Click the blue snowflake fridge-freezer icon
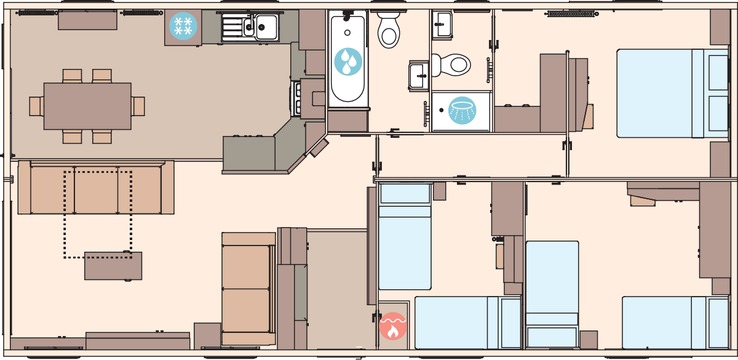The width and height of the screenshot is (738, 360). [x=183, y=26]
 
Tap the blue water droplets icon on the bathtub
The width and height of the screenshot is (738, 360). [x=348, y=61]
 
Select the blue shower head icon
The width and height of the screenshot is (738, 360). [x=462, y=111]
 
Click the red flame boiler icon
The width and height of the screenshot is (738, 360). [x=393, y=326]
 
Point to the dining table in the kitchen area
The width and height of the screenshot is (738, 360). [x=87, y=106]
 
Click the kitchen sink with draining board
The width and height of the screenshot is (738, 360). [x=250, y=27]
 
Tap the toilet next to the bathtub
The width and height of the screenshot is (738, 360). [x=389, y=30]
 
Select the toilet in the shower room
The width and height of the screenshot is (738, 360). [x=451, y=64]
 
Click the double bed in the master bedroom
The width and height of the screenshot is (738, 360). [x=673, y=94]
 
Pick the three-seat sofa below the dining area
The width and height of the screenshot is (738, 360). [x=95, y=190]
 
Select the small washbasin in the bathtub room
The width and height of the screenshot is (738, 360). [x=419, y=75]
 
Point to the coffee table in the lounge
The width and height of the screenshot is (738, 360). [x=113, y=265]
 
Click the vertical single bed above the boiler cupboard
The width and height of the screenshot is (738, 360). [x=404, y=236]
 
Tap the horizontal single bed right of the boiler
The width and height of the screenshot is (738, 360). [x=467, y=322]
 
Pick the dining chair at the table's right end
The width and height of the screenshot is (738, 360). [x=138, y=106]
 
